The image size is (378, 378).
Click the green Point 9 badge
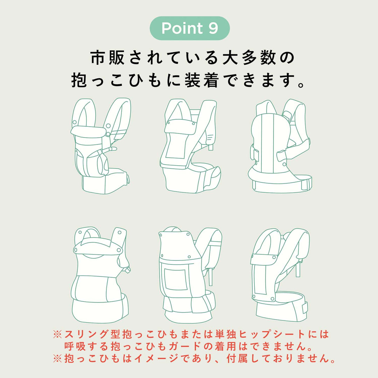190,28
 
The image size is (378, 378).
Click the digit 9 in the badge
213,28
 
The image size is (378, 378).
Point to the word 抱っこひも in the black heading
116,80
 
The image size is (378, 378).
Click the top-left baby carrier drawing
101,146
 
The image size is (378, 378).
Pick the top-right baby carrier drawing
280,146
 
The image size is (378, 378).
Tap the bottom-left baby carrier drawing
101,275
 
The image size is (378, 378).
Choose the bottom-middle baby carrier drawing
190,275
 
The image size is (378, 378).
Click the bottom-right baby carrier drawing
280,275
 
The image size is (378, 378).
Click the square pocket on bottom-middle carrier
176,279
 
